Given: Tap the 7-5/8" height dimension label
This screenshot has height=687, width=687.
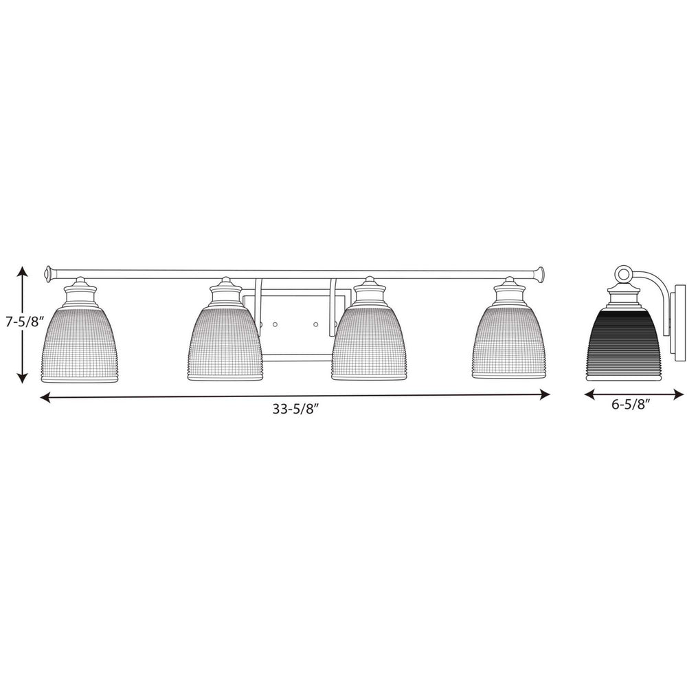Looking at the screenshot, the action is click(x=25, y=322).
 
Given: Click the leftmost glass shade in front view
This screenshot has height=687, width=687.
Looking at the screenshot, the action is click(x=79, y=344).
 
